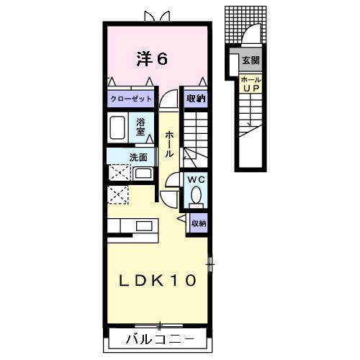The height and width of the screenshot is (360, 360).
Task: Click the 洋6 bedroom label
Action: click(x=152, y=58)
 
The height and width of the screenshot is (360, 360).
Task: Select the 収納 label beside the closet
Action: click(x=196, y=99)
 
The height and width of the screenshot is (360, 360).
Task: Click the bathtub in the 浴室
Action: click(x=120, y=127)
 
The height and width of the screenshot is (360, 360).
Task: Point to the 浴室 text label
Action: click(x=141, y=127)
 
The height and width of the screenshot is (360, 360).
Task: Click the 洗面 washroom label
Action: click(x=139, y=157)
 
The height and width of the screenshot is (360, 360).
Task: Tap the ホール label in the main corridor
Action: click(x=169, y=145)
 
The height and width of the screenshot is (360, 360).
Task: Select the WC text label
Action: click(x=196, y=179)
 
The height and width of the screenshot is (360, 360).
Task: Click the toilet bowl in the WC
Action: click(x=196, y=196)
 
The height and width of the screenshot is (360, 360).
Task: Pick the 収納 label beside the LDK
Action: click(x=199, y=224)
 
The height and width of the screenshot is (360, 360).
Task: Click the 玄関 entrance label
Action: click(x=251, y=60)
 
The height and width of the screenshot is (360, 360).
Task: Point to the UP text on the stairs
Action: click(x=250, y=89)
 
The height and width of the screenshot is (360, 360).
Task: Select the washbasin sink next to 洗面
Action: click(x=143, y=174)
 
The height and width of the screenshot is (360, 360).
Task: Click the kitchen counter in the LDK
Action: click(x=133, y=226)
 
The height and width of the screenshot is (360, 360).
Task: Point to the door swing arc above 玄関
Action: click(x=251, y=36)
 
